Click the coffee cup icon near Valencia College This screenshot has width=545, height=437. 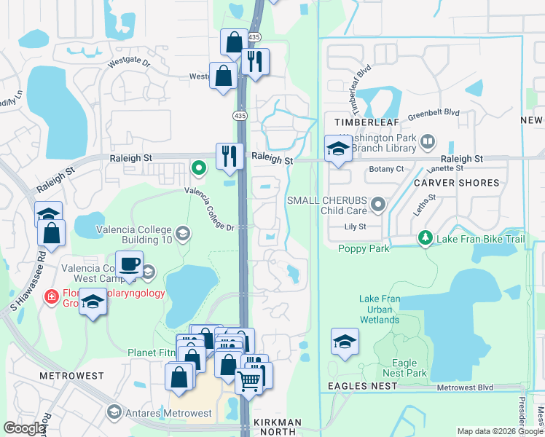(x=129, y=264)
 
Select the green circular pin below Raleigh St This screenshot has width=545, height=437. (x=198, y=168)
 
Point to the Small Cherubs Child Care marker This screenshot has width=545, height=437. (x=377, y=205)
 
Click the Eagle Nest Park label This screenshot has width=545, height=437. (x=404, y=368)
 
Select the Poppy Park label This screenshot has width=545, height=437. (x=364, y=248)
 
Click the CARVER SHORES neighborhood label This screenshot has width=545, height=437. (x=457, y=183)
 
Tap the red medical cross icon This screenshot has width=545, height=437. (x=51, y=296)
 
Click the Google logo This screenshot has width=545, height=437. (x=24, y=428)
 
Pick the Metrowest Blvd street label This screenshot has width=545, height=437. (x=465, y=387)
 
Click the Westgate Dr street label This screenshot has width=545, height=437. (x=128, y=63)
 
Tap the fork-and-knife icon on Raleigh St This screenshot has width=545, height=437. (x=230, y=155)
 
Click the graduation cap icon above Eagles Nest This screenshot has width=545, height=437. (x=345, y=340)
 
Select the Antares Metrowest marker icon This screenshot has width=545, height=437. (x=113, y=413)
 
